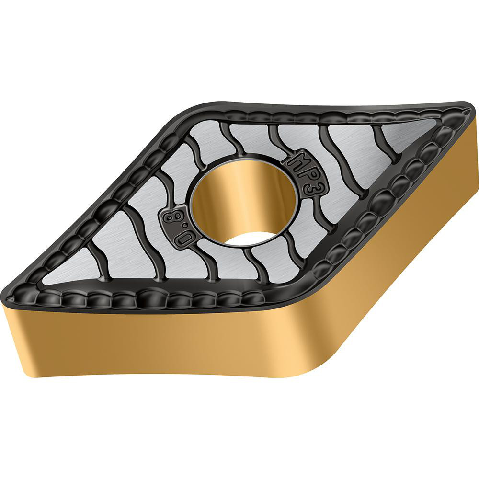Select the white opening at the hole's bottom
(x=249, y=238)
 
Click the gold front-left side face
(x=144, y=345)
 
